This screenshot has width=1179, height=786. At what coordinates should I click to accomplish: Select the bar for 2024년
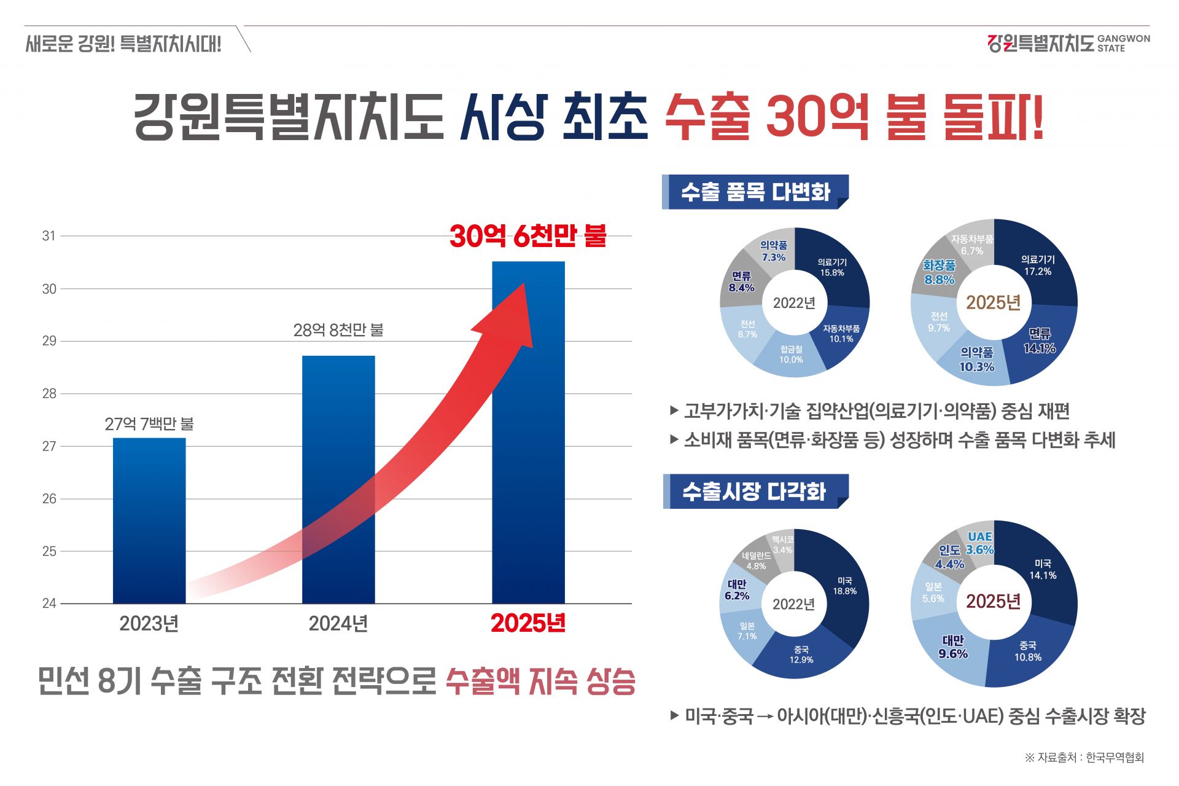[x=338, y=479]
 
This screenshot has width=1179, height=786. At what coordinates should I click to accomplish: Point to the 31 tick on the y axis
[x=49, y=236]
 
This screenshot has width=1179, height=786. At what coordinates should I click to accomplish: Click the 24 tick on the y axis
[x=49, y=603]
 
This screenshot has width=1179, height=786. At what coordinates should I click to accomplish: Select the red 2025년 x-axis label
[x=528, y=623]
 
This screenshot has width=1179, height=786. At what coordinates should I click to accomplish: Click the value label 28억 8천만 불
[x=338, y=331]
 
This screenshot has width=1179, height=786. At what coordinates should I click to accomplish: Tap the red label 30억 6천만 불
[x=528, y=236]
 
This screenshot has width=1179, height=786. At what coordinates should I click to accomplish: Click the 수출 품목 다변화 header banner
[x=755, y=192]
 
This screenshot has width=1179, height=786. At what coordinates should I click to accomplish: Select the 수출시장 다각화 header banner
[x=755, y=492]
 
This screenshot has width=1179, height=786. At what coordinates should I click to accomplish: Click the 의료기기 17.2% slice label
[x=1037, y=265]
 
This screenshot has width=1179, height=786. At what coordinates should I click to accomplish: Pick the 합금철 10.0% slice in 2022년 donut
[x=791, y=355]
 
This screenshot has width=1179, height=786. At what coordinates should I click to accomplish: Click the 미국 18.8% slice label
[x=844, y=586]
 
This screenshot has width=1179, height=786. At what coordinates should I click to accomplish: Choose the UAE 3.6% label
[x=979, y=543]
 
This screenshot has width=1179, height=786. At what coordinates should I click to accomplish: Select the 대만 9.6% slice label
[x=953, y=647]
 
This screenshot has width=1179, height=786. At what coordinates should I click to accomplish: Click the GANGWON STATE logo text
[x=1123, y=43]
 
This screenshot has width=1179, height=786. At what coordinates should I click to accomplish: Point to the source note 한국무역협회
[x=1115, y=758]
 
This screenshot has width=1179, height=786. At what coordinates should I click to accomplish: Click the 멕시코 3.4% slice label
[x=782, y=544]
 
